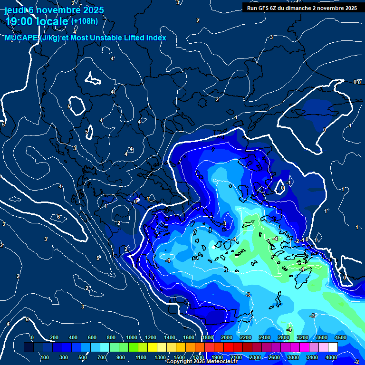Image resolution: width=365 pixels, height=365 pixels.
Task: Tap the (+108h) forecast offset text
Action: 85,21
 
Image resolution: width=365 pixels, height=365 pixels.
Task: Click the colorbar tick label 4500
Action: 341,337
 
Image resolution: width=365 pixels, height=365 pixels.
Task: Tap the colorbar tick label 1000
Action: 132,337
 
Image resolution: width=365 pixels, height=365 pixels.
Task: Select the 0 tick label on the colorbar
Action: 32,337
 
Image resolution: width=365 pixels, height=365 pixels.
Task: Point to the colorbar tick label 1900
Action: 217,357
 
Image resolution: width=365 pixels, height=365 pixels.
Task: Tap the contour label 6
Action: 58,217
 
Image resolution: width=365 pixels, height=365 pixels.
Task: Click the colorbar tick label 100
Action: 45,357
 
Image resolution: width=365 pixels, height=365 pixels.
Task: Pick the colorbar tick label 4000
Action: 331,357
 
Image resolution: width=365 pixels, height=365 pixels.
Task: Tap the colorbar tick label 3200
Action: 303,337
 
